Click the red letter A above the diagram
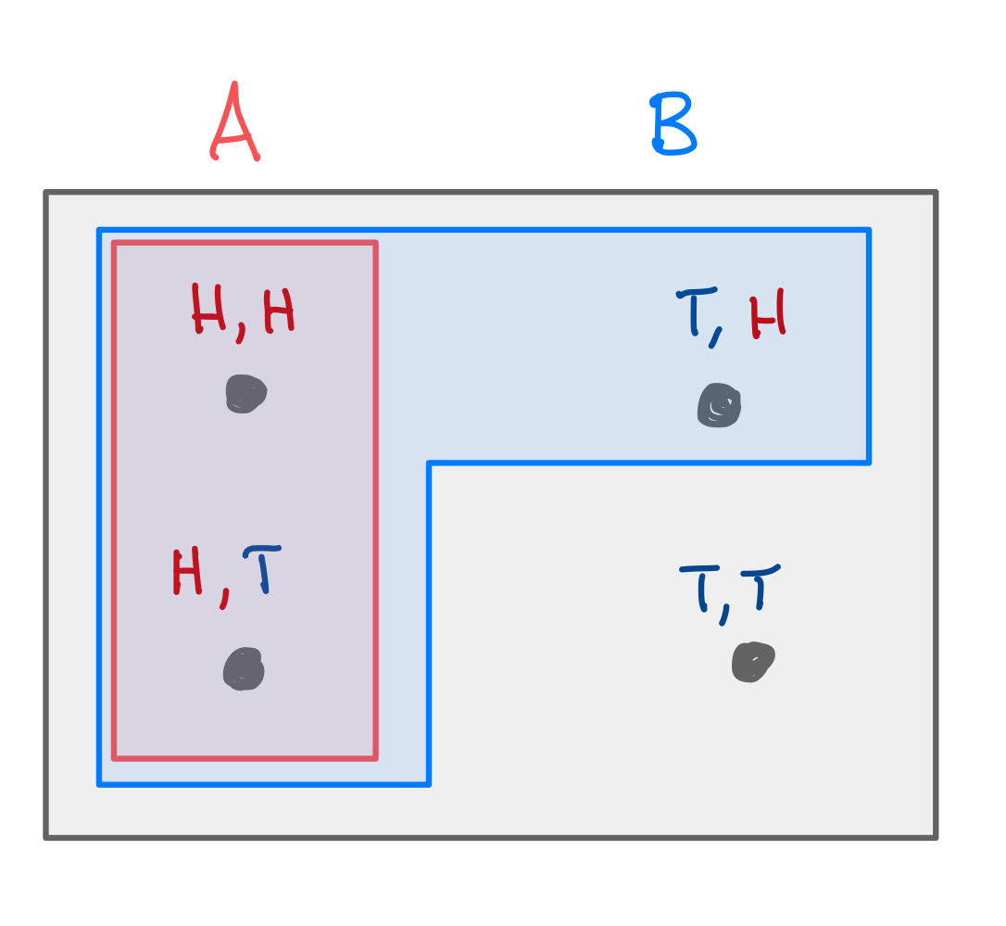(x=234, y=123)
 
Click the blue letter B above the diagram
(x=673, y=126)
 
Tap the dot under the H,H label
(x=245, y=393)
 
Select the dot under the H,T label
(x=244, y=668)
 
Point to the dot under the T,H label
(x=720, y=405)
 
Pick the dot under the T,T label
(x=752, y=662)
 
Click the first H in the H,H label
(x=209, y=310)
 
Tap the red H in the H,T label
(x=187, y=572)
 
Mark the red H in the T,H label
(x=769, y=312)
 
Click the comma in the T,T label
(x=724, y=613)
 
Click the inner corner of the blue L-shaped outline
(x=429, y=463)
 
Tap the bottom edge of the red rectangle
(x=245, y=758)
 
